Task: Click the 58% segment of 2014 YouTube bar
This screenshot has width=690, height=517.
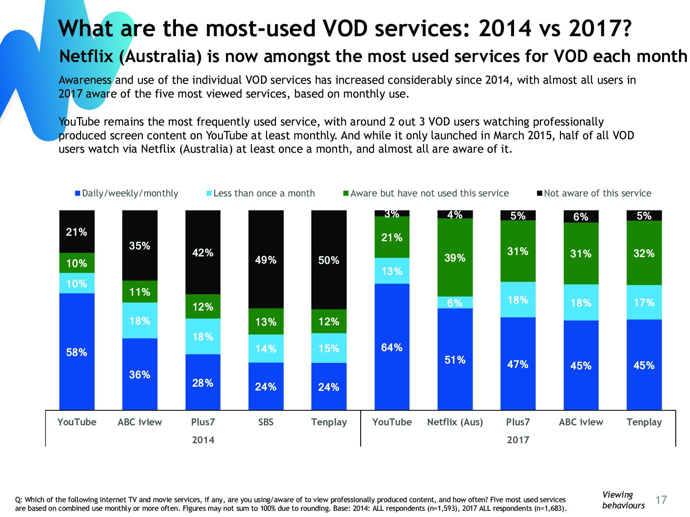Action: [x=77, y=352]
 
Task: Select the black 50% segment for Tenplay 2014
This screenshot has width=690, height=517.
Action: [x=329, y=260]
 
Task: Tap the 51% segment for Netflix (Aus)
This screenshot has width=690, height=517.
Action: [x=455, y=359]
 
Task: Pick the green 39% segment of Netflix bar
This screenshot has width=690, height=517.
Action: [x=455, y=257]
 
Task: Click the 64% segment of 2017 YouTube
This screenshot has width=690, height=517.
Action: [x=392, y=347]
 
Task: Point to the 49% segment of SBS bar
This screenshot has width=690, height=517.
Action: [x=266, y=259]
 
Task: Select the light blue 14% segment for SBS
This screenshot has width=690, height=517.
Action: [x=266, y=348]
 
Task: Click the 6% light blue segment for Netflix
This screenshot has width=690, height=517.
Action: [x=455, y=303]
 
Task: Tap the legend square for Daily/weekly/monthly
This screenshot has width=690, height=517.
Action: [x=78, y=193]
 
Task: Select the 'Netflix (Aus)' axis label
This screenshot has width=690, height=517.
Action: [x=455, y=422]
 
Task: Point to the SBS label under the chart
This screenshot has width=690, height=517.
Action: [x=266, y=422]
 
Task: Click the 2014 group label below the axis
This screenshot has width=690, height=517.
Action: [x=203, y=440]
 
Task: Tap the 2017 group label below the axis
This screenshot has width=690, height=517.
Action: [x=518, y=440]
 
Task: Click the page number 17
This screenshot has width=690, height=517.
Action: [x=661, y=500]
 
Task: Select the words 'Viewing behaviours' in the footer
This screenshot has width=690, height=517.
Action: [x=623, y=500]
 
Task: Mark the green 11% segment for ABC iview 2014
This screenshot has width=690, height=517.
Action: [x=140, y=292]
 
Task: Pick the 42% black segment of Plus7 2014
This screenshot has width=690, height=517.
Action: [x=203, y=252]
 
